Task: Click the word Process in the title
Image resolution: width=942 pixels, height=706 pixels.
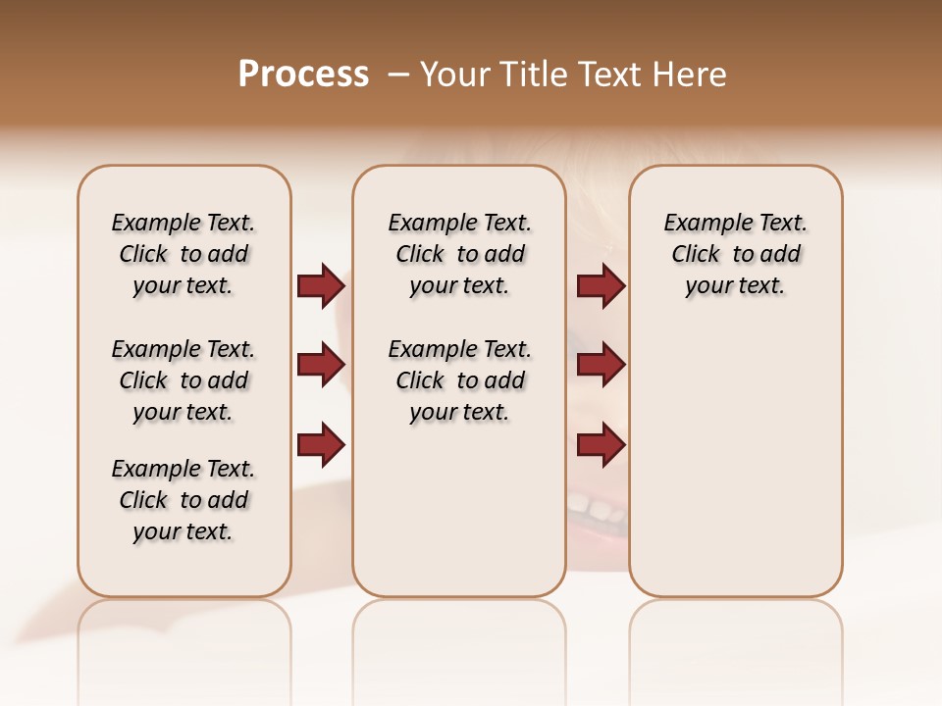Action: (303, 75)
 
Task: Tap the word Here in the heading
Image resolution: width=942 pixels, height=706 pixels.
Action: (691, 75)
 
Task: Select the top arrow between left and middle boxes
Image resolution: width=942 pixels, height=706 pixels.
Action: (321, 285)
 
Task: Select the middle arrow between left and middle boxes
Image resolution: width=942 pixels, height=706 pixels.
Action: (321, 365)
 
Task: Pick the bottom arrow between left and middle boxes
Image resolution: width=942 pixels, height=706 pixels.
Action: (321, 444)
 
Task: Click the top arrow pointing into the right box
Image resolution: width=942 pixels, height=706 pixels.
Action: (601, 285)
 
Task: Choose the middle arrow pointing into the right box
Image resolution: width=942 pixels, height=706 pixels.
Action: (601, 365)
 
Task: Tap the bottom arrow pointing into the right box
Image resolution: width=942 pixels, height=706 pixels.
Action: (601, 444)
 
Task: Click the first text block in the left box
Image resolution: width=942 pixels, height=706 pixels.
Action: (183, 254)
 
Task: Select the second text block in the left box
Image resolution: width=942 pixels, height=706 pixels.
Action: (183, 380)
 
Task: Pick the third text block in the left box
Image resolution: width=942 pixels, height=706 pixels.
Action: (183, 500)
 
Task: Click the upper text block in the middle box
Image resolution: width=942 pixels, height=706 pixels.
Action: (459, 254)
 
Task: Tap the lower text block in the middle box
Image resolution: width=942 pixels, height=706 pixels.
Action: (459, 380)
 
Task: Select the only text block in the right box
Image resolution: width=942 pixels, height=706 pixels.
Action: (735, 254)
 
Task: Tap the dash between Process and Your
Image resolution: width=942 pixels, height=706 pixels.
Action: (397, 75)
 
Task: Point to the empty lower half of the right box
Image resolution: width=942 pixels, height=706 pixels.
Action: (735, 471)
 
